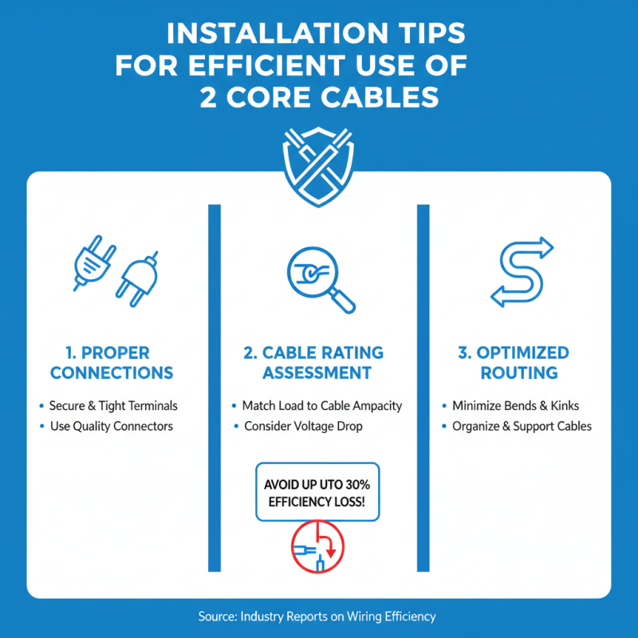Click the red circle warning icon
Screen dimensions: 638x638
[x=318, y=548]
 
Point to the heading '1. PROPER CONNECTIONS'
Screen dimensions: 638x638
[x=108, y=363]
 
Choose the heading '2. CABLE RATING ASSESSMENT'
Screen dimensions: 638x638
[x=317, y=363]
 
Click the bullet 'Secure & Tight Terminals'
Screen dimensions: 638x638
[x=113, y=406]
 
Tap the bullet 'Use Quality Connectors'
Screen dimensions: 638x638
[x=111, y=427]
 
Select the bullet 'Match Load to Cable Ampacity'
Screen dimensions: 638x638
[x=322, y=406]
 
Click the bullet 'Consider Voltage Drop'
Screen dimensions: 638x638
[x=303, y=427]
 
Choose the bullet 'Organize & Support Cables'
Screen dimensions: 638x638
[x=522, y=427]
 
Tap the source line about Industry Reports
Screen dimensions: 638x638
[x=317, y=616]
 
